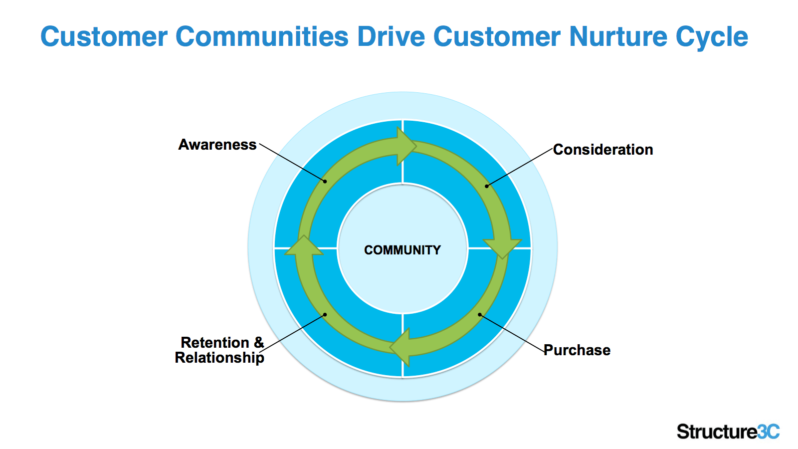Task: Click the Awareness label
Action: [x=217, y=145]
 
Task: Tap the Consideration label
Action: [x=603, y=150]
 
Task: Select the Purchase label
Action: [x=577, y=350]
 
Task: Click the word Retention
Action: [x=215, y=342]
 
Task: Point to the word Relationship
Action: [x=219, y=358]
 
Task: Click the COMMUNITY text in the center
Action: [x=402, y=250]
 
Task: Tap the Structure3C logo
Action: [x=728, y=432]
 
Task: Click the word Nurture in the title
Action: [x=618, y=36]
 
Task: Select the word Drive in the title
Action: [x=391, y=36]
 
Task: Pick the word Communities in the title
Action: [x=262, y=36]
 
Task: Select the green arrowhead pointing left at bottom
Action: [x=399, y=347]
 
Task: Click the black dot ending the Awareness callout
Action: [x=325, y=182]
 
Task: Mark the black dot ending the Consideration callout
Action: [x=487, y=186]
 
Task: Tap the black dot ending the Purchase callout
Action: [x=479, y=315]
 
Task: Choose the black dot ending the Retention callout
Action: [x=325, y=315]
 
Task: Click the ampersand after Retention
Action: [x=259, y=342]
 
